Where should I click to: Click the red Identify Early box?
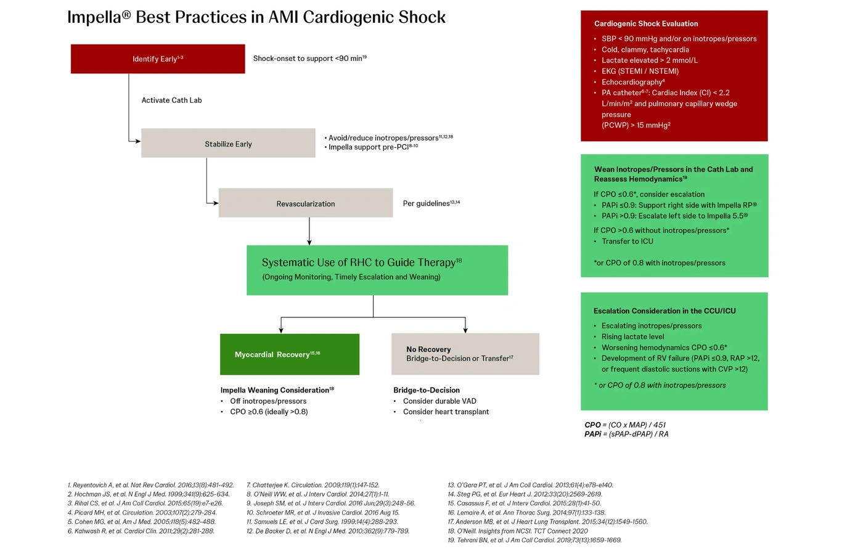click(158, 59)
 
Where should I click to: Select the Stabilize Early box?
click(228, 143)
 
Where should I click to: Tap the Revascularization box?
click(306, 203)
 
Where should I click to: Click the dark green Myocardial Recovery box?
click(290, 354)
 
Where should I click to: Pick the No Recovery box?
click(465, 354)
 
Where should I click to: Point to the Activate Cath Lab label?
click(171, 100)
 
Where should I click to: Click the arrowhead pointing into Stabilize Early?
click(138, 141)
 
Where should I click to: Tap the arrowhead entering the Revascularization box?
click(216, 203)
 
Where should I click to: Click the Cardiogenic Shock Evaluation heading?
click(646, 23)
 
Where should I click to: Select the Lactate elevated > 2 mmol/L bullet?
click(649, 60)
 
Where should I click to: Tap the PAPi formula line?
click(626, 434)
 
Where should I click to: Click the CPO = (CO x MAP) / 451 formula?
click(625, 425)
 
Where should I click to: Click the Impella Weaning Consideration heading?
click(277, 390)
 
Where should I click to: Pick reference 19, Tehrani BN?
click(534, 540)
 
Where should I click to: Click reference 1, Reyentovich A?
click(151, 485)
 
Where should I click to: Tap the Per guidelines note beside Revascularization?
click(431, 203)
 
